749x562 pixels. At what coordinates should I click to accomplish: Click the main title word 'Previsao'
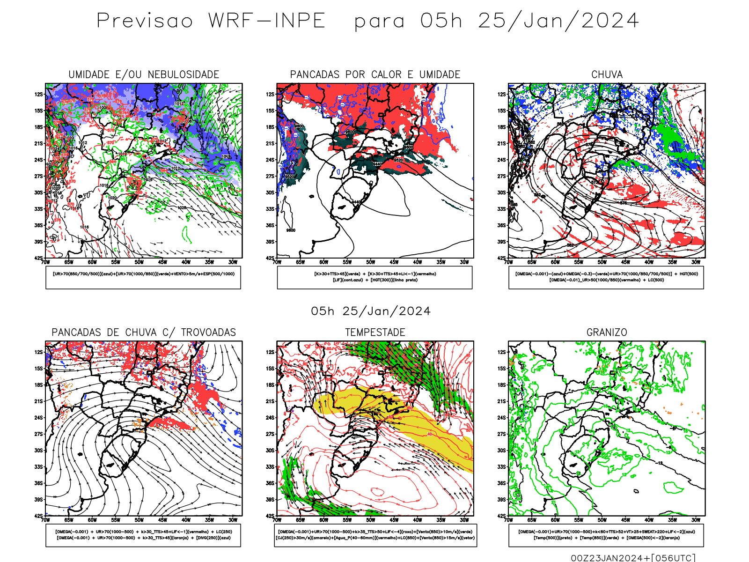click(x=145, y=21)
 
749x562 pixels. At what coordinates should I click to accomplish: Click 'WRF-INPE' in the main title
click(x=267, y=21)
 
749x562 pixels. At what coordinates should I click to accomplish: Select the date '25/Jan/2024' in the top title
click(x=558, y=21)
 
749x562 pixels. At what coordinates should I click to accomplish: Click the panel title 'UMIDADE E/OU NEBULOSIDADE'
click(x=144, y=74)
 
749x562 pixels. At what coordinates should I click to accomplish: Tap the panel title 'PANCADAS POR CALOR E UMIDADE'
click(x=375, y=74)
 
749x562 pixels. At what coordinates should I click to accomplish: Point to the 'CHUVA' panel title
click(x=607, y=74)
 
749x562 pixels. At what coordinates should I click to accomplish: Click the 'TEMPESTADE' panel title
click(x=375, y=333)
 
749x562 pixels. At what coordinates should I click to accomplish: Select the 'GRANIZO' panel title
click(x=607, y=333)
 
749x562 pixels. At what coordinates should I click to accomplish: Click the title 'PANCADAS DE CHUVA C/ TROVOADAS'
click(x=144, y=333)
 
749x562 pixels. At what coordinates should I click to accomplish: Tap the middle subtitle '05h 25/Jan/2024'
click(x=371, y=311)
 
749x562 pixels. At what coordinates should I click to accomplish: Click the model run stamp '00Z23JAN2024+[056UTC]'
click(x=633, y=558)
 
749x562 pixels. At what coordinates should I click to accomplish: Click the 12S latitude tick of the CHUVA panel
click(x=502, y=95)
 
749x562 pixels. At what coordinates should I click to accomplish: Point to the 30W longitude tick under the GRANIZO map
click(x=696, y=520)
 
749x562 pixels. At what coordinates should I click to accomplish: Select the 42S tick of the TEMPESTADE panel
click(x=270, y=516)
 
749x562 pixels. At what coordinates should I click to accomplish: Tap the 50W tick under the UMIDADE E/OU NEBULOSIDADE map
click(x=139, y=262)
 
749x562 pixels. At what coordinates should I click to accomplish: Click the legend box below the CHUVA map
click(x=606, y=277)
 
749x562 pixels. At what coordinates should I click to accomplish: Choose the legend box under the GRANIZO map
click(x=606, y=535)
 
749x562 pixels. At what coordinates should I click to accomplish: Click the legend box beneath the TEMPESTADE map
click(x=375, y=535)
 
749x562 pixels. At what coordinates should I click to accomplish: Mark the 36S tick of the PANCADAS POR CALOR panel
click(x=270, y=225)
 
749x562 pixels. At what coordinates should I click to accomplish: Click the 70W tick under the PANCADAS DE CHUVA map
click(x=45, y=520)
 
